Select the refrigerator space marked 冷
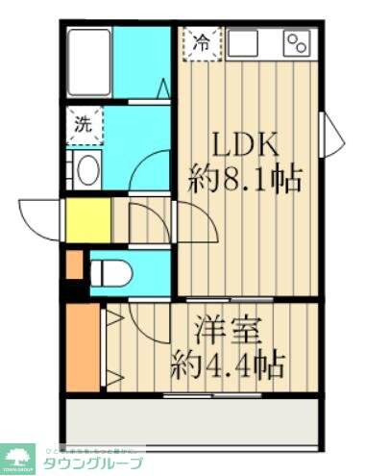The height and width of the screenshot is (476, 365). pyautogui.click(x=202, y=42)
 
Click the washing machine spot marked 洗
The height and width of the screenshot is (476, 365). pyautogui.click(x=83, y=123)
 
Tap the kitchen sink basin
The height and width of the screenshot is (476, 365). pyautogui.click(x=243, y=42)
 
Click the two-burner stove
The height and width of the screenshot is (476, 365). pyautogui.click(x=297, y=42)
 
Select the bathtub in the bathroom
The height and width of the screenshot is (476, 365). pyautogui.click(x=89, y=61)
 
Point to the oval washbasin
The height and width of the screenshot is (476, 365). pyautogui.click(x=86, y=171)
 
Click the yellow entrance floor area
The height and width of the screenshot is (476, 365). pyautogui.click(x=86, y=219)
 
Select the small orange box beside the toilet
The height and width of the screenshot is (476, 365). pyautogui.click(x=75, y=263)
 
